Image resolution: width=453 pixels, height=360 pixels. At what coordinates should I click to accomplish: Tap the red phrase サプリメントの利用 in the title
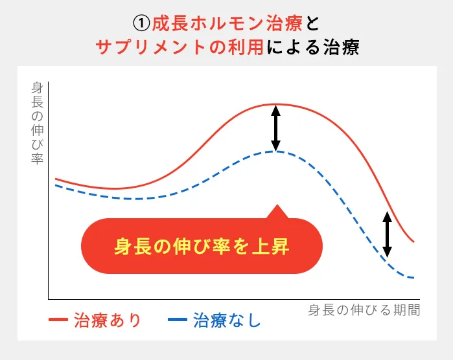[x=180, y=47]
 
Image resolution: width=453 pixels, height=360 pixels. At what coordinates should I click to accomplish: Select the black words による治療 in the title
[x=312, y=47]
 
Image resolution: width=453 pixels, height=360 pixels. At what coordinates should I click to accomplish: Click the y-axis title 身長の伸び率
[x=37, y=122]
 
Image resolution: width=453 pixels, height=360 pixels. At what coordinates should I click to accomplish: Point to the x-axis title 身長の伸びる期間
[x=364, y=310]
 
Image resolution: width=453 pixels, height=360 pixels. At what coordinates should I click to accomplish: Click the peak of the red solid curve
[x=275, y=104]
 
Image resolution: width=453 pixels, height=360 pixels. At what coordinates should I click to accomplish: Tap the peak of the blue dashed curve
[x=275, y=151]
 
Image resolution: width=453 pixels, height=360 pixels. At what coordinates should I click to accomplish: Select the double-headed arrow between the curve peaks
[x=275, y=128]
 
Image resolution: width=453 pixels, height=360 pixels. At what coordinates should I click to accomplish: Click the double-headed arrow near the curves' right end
[x=387, y=234]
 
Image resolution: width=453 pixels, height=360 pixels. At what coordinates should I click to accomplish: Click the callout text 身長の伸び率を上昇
[x=202, y=247]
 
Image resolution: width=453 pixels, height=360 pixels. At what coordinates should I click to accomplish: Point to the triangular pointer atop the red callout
[x=277, y=212]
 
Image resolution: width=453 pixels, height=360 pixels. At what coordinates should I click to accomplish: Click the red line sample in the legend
[x=58, y=321]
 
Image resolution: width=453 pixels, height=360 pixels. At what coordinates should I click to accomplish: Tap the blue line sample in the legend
[x=178, y=321]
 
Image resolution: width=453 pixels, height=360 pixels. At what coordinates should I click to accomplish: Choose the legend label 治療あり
[x=108, y=321]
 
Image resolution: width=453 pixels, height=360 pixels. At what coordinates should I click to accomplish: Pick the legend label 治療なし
[x=227, y=321]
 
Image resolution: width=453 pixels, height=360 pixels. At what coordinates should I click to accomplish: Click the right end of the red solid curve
[x=413, y=242]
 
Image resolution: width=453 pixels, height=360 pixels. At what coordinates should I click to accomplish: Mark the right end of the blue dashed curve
[x=413, y=278]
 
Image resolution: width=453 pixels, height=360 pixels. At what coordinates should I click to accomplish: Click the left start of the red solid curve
[x=56, y=178]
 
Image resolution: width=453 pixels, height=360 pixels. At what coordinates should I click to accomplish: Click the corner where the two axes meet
[x=49, y=299]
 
